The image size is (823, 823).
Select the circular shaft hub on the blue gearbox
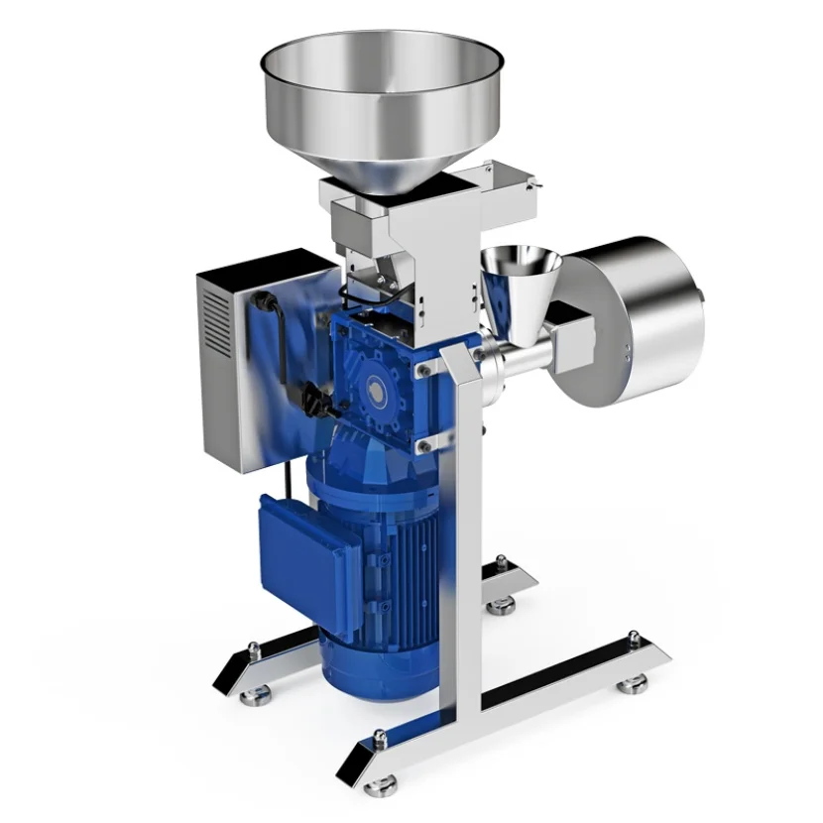point(376,391)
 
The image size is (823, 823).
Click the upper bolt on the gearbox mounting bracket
point(423,369)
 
